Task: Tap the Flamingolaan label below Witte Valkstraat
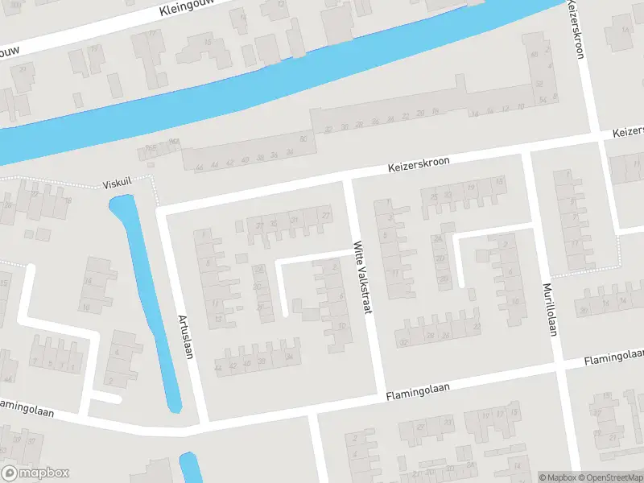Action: pyautogui.click(x=417, y=392)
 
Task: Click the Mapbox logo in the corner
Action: pyautogui.click(x=35, y=473)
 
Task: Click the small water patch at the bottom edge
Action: pyautogui.click(x=189, y=469)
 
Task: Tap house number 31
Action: pyautogui.click(x=294, y=221)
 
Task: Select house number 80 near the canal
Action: pyautogui.click(x=303, y=139)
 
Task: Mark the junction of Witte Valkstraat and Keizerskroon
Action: pyautogui.click(x=348, y=175)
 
